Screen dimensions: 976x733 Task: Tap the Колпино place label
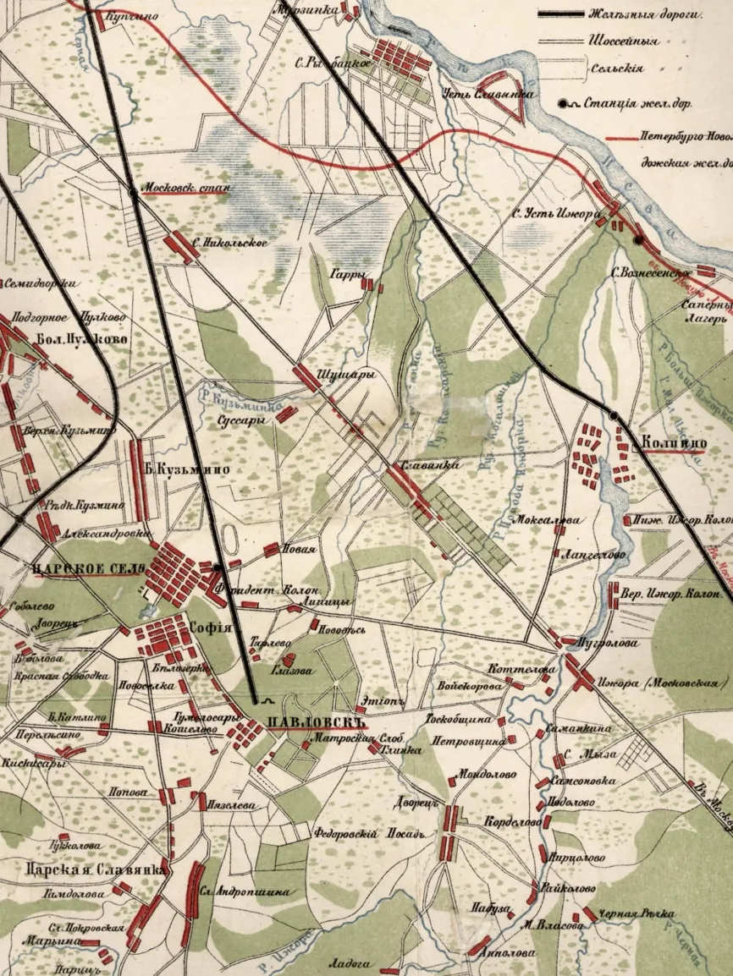(x=673, y=441)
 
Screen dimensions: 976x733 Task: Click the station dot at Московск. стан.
(x=133, y=194)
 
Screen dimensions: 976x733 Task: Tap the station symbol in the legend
(x=564, y=104)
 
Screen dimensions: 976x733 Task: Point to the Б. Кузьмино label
(x=181, y=470)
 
